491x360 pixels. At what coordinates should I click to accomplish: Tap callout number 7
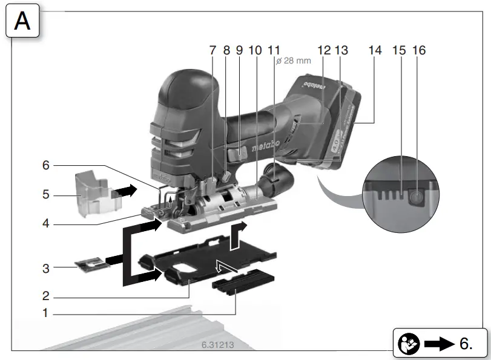point(213,51)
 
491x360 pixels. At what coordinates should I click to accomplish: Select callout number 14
point(375,51)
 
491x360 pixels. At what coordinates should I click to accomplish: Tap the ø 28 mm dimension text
point(293,62)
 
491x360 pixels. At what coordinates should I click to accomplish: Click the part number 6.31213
point(218,345)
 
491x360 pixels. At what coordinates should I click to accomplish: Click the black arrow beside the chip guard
point(127,189)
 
